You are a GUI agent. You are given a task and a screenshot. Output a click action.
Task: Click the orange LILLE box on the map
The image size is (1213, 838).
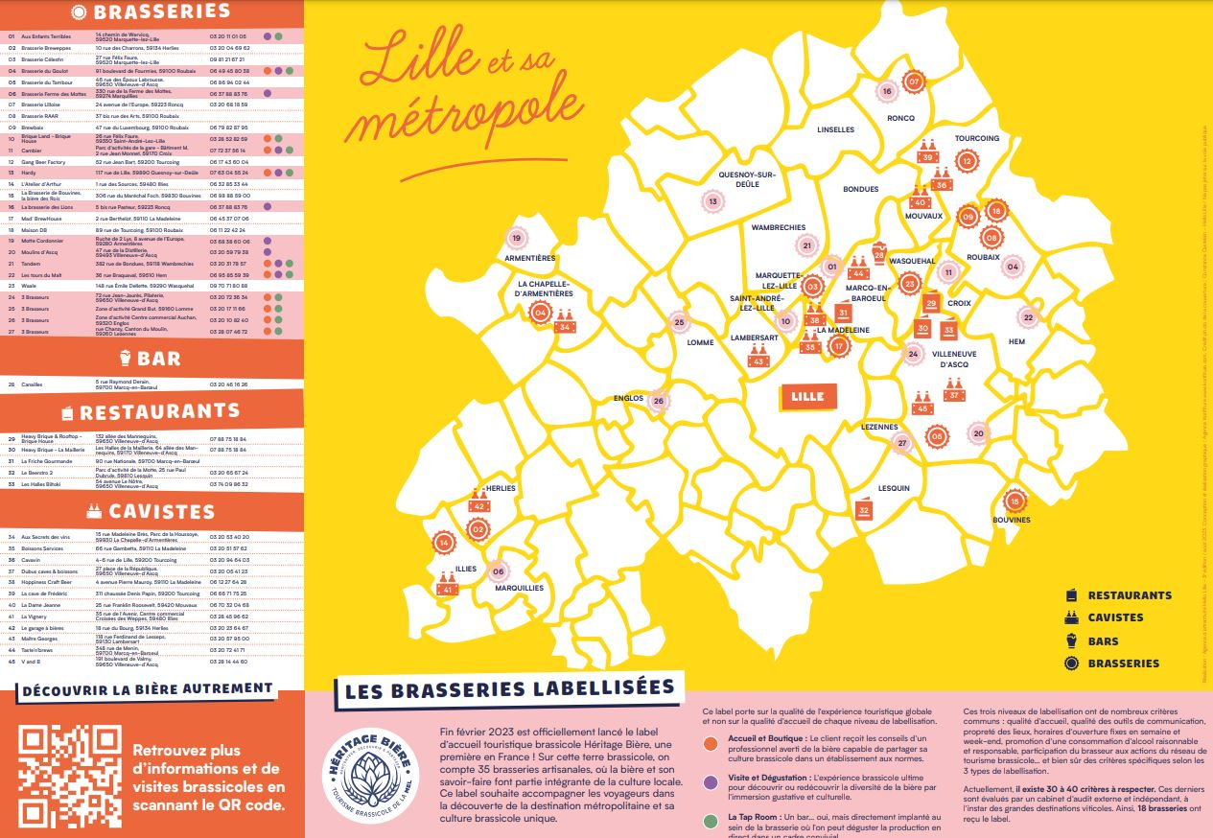(x=808, y=396)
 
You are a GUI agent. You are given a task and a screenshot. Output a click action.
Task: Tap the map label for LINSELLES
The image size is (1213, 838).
(x=835, y=129)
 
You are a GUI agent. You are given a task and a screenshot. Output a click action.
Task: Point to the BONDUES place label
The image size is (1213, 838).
(x=860, y=189)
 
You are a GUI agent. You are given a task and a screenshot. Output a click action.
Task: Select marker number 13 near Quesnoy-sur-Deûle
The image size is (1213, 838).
(x=712, y=201)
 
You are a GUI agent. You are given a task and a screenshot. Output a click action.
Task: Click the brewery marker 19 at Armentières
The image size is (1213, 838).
(x=517, y=239)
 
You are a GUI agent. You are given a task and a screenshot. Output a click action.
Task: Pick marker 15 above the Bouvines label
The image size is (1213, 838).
(x=1015, y=500)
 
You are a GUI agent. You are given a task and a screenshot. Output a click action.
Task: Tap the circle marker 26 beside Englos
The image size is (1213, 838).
(x=658, y=402)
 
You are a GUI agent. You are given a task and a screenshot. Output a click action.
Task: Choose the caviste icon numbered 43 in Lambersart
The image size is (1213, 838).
(x=758, y=357)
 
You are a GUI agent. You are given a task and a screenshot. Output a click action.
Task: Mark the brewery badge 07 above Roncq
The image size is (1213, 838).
(x=914, y=81)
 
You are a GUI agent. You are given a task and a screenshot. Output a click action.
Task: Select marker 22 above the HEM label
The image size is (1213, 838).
(x=1028, y=317)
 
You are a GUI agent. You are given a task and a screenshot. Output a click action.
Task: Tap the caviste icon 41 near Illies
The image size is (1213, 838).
(x=446, y=585)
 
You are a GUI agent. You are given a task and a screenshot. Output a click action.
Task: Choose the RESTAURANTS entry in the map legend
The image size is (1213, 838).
(x=1129, y=595)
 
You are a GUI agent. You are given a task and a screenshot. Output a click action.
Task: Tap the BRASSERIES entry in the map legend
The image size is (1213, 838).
(x=1123, y=663)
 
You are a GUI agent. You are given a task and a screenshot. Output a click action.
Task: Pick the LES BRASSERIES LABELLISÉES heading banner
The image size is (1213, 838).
(x=508, y=687)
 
